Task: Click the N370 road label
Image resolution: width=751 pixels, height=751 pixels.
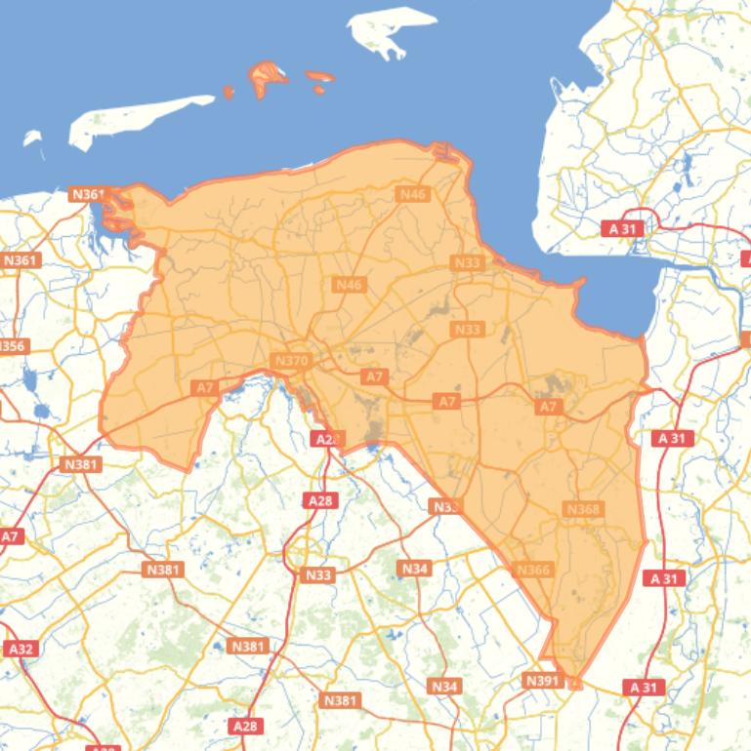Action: coord(292,361)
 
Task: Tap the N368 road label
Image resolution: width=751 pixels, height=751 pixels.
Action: coord(583,509)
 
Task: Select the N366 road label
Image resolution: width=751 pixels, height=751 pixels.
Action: coord(533,571)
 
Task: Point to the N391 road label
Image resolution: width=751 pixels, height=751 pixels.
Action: coord(543,680)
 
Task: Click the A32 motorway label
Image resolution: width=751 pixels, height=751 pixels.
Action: coord(20,649)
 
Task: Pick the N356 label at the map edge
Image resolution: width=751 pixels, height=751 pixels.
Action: coord(13,346)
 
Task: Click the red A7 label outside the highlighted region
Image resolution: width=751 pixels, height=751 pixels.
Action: coord(11,536)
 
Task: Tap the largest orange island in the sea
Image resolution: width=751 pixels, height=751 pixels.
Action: coord(266,76)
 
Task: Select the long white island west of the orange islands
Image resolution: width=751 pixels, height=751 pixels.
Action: coord(137,117)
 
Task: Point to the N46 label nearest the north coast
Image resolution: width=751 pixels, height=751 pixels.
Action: coord(413,194)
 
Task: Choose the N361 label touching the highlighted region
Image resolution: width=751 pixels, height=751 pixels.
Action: coord(88,194)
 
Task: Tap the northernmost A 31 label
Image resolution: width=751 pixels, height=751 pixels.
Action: coord(621,228)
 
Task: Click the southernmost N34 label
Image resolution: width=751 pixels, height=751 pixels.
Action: coord(444,687)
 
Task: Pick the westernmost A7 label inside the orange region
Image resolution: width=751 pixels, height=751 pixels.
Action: coord(204,388)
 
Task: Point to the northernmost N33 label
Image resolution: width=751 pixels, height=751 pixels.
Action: coord(467,263)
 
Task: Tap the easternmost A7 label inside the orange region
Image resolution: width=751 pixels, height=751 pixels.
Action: coord(549,406)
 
